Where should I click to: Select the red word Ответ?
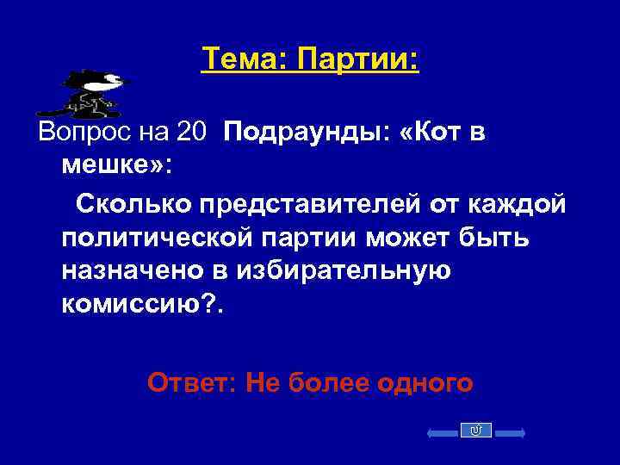point(193,380)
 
